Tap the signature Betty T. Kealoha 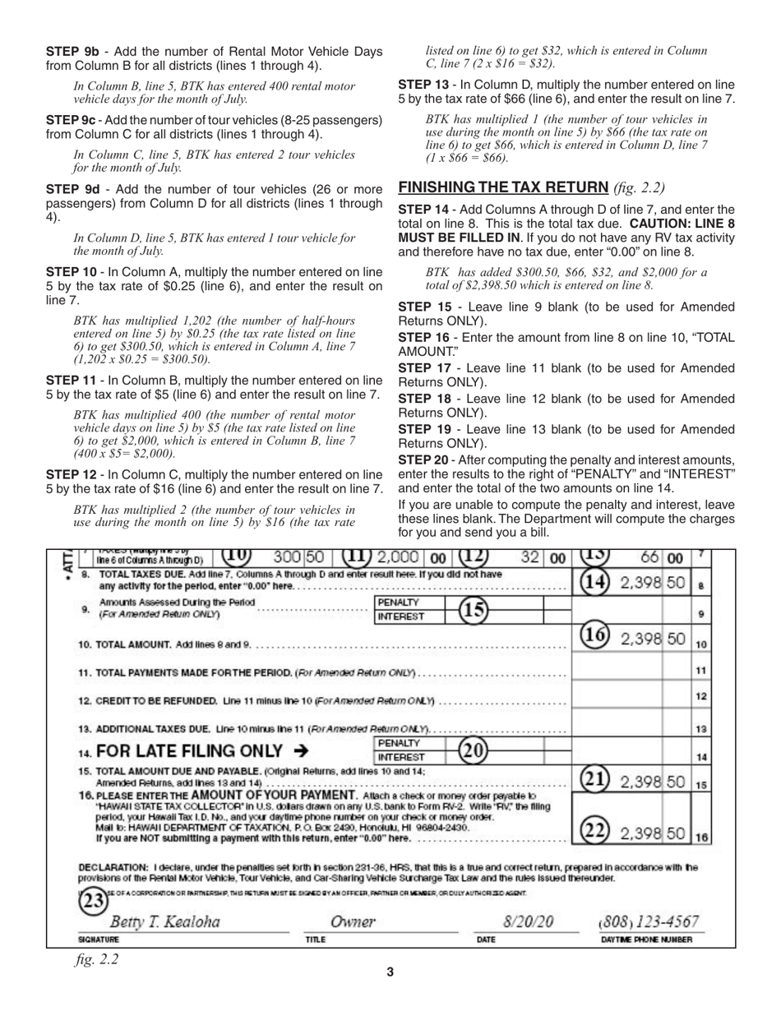(x=165, y=921)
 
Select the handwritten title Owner (x=353, y=921)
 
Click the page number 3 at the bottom (x=390, y=972)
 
